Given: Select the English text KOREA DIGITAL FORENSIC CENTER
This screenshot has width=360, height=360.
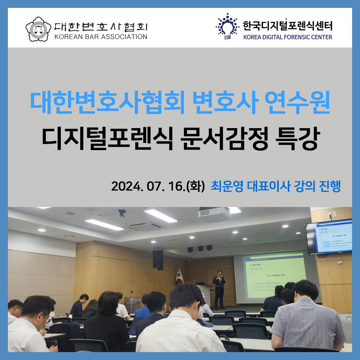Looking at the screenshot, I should [287, 36].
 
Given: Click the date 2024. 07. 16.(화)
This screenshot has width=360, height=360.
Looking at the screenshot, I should [158, 186].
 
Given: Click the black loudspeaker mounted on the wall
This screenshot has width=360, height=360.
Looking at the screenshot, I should [158, 259].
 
